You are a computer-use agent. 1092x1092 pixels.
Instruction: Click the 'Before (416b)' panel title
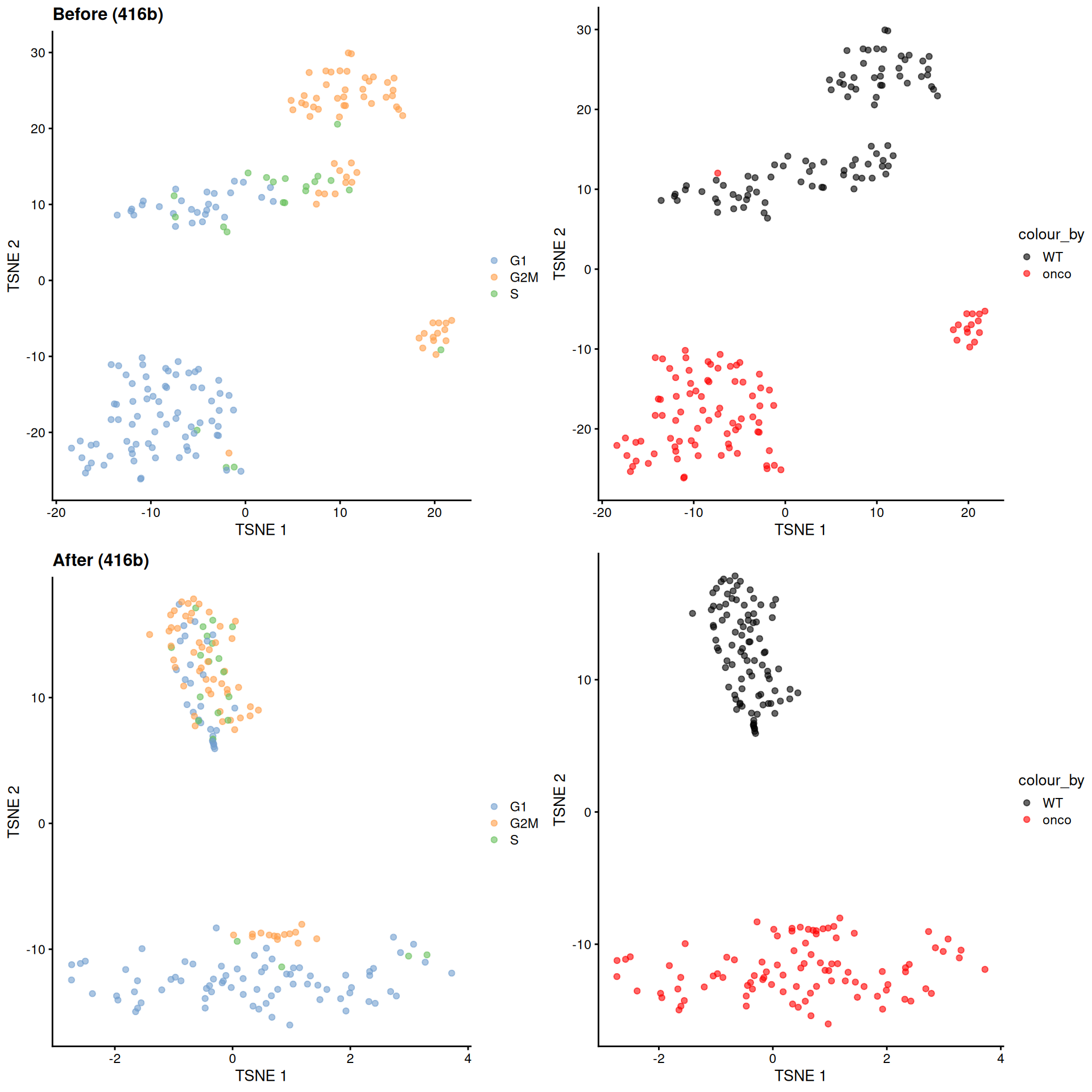pos(107,14)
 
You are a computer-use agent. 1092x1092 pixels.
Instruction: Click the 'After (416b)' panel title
pos(101,560)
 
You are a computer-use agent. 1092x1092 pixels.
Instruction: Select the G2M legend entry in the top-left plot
pos(523,277)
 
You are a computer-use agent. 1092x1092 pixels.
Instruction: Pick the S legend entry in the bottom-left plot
pos(514,839)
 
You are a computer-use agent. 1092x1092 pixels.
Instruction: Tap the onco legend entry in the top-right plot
pos(1056,274)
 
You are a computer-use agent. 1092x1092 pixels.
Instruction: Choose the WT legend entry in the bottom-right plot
pos(1052,803)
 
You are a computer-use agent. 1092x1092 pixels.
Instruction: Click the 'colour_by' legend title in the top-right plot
pos(1050,234)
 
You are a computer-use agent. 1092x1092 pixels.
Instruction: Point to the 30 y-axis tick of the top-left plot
pos(38,53)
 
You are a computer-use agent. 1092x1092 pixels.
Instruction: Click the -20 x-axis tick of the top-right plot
pos(602,512)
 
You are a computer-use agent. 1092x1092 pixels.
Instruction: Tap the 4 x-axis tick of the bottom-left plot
pos(468,1058)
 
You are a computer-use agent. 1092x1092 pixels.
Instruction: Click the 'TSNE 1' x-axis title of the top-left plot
pos(261,530)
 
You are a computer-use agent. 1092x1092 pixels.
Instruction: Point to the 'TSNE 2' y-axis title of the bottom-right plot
pos(560,799)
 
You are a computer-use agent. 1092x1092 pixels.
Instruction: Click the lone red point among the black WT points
pos(717,173)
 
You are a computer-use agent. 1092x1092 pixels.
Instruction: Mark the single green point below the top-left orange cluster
pos(337,124)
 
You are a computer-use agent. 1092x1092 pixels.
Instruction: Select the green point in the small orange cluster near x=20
pos(441,350)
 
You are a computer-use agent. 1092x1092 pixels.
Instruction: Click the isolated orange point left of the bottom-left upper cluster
pos(150,634)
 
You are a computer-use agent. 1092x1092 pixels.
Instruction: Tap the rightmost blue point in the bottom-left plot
pos(452,973)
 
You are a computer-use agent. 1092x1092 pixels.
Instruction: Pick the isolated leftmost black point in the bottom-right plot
pos(692,613)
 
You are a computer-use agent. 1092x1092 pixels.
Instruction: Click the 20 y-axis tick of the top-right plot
pos(584,110)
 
